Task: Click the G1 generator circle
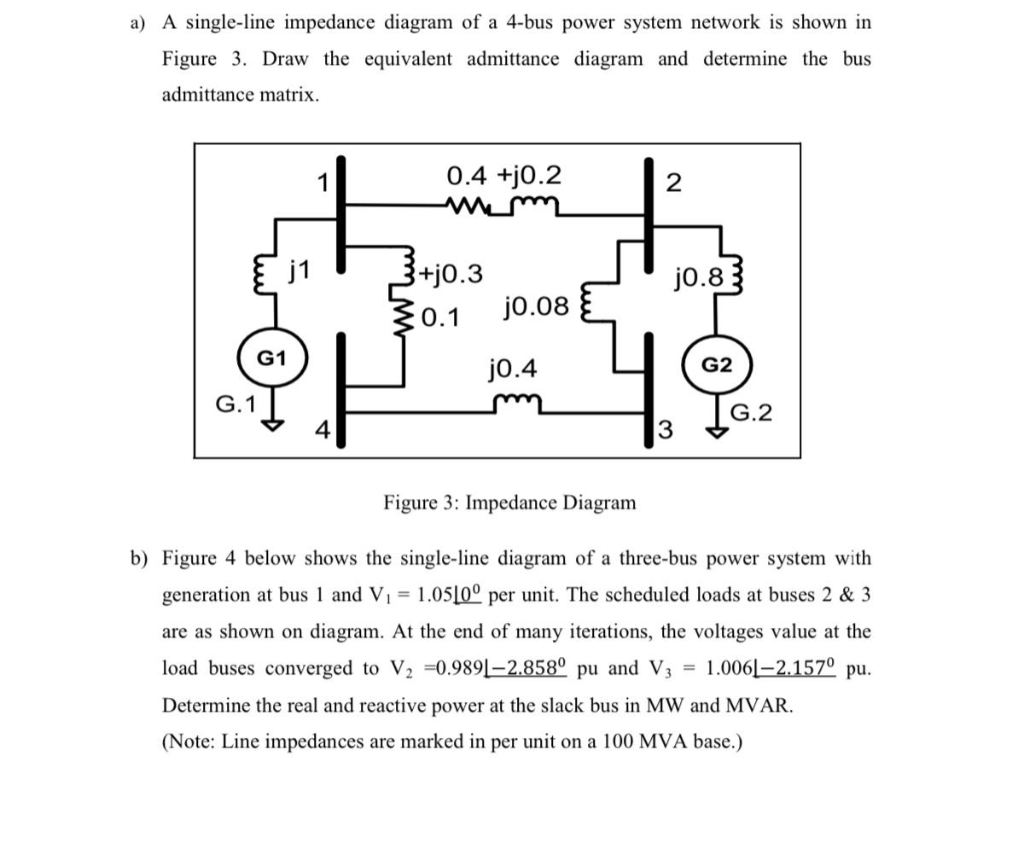(x=271, y=358)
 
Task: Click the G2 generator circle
(x=716, y=365)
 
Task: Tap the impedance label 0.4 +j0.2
(x=504, y=176)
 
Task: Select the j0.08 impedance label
(x=536, y=305)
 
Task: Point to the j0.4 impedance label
(x=513, y=369)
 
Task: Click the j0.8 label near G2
(x=699, y=277)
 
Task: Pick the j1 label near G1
(x=300, y=272)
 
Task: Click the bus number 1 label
(x=323, y=182)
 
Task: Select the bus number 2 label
(x=673, y=183)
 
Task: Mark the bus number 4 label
(x=322, y=431)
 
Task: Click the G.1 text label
(x=236, y=404)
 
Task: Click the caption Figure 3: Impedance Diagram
(x=509, y=503)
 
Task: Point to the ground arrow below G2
(x=717, y=432)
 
